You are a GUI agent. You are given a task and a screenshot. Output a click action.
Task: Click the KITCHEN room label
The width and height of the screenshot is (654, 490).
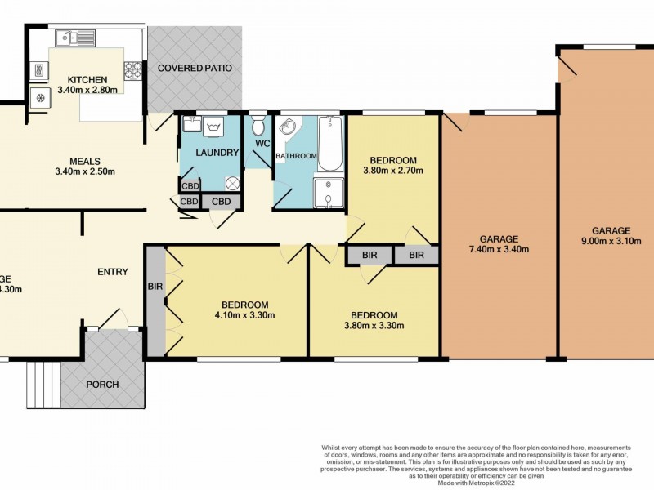[87, 79]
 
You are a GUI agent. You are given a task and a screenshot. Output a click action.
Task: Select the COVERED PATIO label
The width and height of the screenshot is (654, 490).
[195, 68]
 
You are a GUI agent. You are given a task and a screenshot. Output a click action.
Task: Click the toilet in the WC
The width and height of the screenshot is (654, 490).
[258, 127]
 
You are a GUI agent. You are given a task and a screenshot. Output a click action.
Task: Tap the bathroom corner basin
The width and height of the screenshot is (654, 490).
[285, 129]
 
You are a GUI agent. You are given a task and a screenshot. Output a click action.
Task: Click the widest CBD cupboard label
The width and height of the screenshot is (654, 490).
[221, 202]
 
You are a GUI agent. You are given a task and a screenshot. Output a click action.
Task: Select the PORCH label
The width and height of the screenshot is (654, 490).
[102, 385]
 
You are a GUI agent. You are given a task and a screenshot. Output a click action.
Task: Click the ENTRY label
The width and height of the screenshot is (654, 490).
[112, 272]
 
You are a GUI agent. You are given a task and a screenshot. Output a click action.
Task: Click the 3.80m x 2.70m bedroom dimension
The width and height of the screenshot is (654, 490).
[393, 171]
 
